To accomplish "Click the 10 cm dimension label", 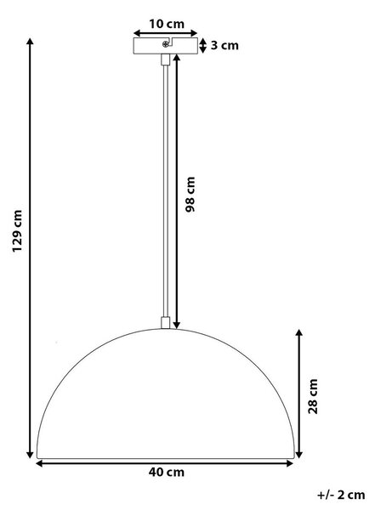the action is click(x=167, y=24).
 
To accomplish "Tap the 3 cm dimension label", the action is click(x=224, y=45).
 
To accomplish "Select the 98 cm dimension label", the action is click(x=190, y=194).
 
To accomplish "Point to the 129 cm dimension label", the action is click(x=17, y=230).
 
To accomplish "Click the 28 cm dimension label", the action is click(x=313, y=396).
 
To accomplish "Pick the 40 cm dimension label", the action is click(x=167, y=473).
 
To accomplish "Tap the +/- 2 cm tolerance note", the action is click(x=341, y=495).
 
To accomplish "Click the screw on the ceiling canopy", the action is click(x=165, y=44).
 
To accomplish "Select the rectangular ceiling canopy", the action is click(x=165, y=46).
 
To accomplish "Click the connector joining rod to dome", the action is click(x=165, y=323).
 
